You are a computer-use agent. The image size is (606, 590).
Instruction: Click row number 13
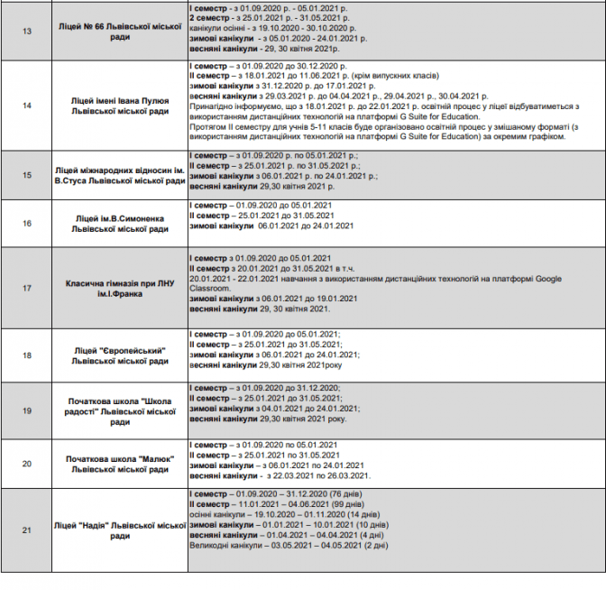pyautogui.click(x=26, y=31)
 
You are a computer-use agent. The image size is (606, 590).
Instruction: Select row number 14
pyautogui.click(x=26, y=106)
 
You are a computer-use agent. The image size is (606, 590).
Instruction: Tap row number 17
pyautogui.click(x=26, y=288)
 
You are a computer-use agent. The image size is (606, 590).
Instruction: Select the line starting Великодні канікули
pyautogui.click(x=289, y=545)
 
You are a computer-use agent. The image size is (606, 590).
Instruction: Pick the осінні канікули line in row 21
pyautogui.click(x=279, y=514)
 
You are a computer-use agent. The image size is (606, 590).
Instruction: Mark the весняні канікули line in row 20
pyautogui.click(x=280, y=475)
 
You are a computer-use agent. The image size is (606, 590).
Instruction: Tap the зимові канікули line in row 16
pyautogui.click(x=262, y=226)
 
